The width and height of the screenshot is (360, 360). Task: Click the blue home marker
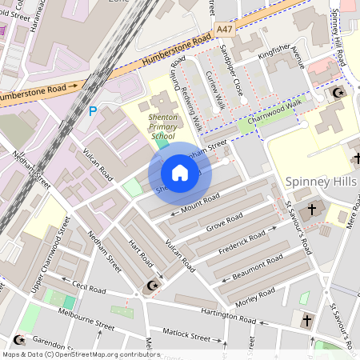pos(180,173)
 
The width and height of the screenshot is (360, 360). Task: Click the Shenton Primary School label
pos(150,126)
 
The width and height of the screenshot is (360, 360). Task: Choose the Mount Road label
pos(199,202)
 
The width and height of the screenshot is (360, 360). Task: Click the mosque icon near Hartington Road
pos(150,286)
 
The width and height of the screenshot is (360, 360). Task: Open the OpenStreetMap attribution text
pos(81,354)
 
